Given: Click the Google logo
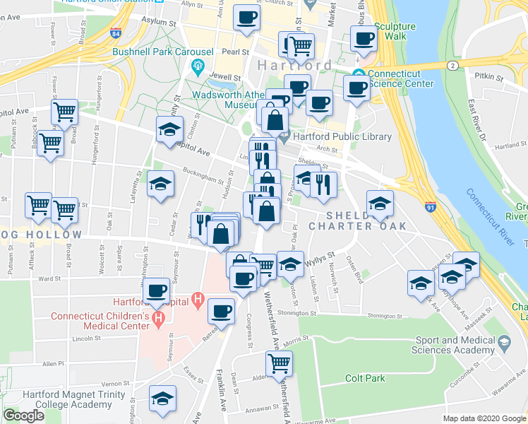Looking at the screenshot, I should point(23,416).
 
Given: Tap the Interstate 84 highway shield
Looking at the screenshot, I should point(116,33).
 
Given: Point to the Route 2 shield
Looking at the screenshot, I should point(451,65).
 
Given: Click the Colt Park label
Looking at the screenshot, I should point(365,378).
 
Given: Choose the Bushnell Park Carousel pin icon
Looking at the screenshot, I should point(198,69).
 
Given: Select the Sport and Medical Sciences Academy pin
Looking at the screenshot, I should point(504,343).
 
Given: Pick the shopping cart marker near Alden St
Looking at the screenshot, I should point(279,363).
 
